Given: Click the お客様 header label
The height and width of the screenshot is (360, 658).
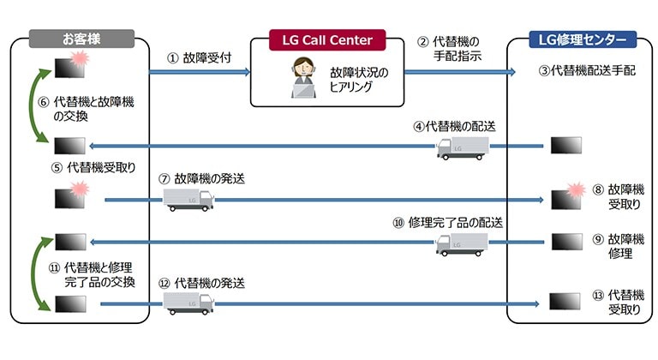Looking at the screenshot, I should click(x=81, y=39).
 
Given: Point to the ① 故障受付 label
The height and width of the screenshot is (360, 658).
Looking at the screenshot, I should click(x=200, y=59).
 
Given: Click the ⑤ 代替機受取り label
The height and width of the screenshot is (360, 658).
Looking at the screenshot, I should click(x=93, y=168).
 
